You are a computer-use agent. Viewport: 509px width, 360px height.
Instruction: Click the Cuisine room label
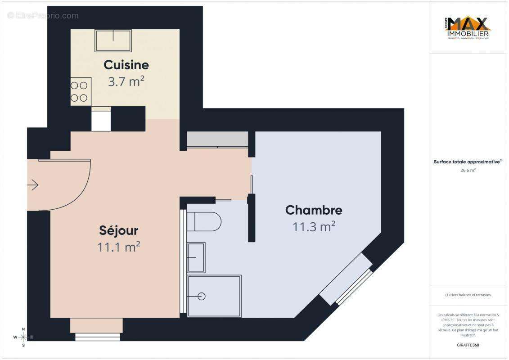pos(126,65)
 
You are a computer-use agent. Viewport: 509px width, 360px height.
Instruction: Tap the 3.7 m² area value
pos(126,81)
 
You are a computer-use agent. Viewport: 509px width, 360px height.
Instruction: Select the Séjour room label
pos(118,230)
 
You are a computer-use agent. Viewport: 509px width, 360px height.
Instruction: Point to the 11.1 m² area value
pos(118,247)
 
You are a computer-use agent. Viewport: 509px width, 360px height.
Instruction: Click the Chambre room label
pos(314,210)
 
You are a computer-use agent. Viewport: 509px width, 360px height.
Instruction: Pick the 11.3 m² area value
pos(314,227)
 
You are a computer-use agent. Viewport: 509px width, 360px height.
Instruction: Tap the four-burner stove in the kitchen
pos(81,91)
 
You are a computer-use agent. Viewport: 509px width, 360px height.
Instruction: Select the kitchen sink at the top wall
pos(113,40)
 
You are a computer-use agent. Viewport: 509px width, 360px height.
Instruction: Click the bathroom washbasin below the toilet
pos(196,257)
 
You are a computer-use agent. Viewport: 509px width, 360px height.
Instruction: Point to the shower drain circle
pos(202,296)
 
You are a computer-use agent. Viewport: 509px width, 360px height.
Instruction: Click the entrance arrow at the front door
pos(33,184)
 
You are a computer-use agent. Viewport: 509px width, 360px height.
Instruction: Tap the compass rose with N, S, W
pos(23,337)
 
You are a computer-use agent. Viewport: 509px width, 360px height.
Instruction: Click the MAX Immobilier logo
pos(468,28)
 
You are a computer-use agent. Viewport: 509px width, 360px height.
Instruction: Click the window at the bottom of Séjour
pos(98,336)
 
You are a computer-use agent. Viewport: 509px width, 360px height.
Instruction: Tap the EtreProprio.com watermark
pos(43,16)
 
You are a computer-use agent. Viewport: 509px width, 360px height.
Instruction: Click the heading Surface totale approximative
pos(467,162)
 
